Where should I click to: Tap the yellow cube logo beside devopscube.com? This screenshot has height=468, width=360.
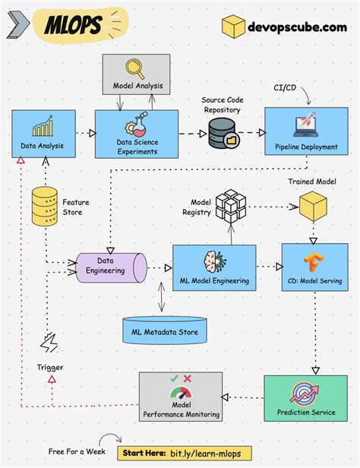233,27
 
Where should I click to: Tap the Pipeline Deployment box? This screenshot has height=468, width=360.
307,134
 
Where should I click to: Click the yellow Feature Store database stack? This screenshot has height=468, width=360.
46,205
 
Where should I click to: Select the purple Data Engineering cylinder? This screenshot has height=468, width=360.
110,267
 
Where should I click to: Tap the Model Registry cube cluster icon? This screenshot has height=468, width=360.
230,206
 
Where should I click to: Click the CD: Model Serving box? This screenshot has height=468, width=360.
314,267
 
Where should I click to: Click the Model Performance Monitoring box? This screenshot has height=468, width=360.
180,397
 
